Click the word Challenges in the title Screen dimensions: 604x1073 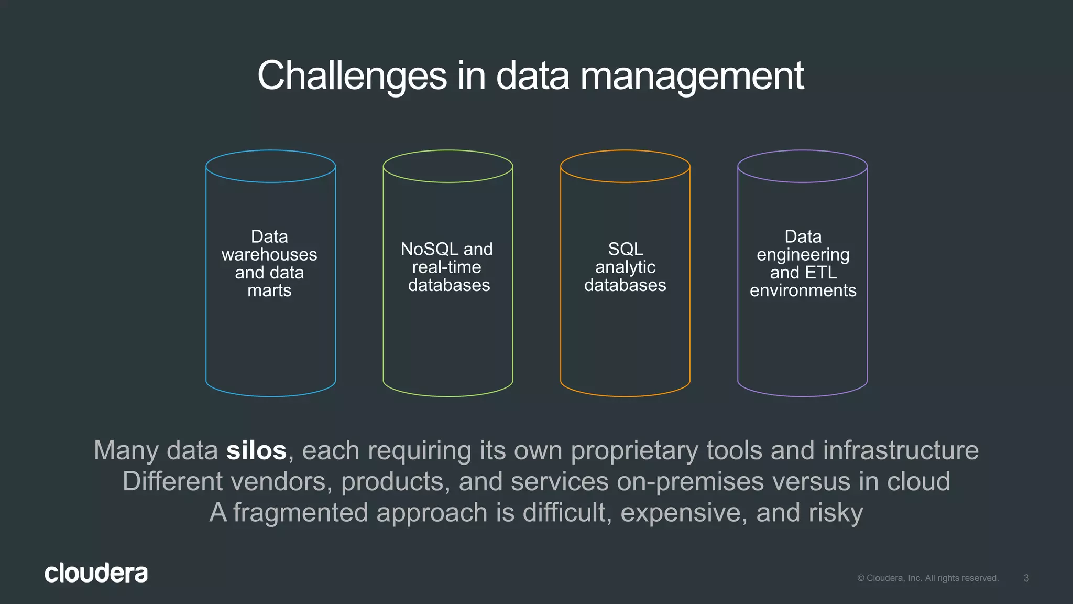(x=352, y=76)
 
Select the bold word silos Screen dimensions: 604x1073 (x=256, y=450)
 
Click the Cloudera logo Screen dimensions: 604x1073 (x=96, y=573)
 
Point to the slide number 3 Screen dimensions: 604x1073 (x=1026, y=578)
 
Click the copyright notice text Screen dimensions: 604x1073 (x=927, y=578)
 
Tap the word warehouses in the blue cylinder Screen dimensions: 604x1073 (x=269, y=255)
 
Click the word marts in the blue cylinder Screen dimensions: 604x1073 (x=269, y=290)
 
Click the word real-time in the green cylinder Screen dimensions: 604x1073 (x=446, y=267)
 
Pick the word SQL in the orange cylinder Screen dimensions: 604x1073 (x=625, y=249)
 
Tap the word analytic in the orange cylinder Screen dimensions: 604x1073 (x=625, y=267)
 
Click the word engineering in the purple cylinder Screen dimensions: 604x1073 (x=803, y=255)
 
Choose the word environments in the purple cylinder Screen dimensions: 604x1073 (x=803, y=290)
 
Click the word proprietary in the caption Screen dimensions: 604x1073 (x=634, y=451)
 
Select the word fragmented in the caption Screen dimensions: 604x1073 (x=300, y=513)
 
